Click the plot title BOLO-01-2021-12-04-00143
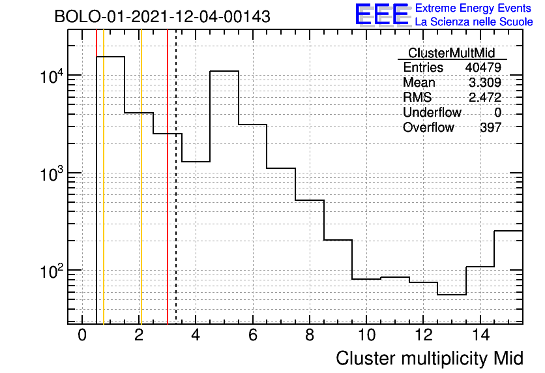162,16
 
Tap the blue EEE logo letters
382,14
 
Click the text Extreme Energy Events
473,8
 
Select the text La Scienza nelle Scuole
474,22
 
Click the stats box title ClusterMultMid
452,53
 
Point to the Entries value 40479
483,67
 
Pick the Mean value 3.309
485,82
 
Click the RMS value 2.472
485,97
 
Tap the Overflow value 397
491,127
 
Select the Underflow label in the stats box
432,112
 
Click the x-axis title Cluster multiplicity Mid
430,358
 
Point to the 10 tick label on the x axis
366,335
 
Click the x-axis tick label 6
253,335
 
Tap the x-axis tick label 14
480,335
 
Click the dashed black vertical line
176,177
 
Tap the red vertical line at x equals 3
168,177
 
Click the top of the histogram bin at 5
224,71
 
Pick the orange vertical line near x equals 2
141,177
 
